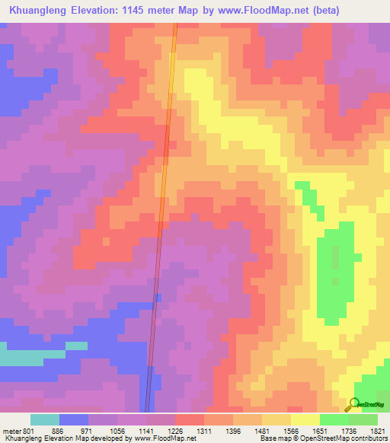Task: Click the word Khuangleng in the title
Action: [37, 10]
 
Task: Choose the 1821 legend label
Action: [376, 431]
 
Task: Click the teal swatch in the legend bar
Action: [45, 419]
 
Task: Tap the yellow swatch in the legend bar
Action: [305, 419]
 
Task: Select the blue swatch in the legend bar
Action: [74, 419]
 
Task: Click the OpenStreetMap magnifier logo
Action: [354, 404]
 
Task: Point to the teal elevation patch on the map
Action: [30, 356]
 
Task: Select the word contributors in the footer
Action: [369, 438]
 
